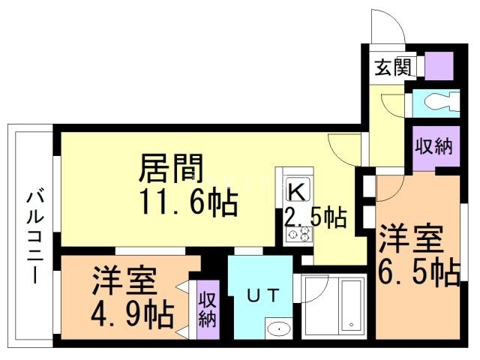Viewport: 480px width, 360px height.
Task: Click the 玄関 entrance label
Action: pos(392,68)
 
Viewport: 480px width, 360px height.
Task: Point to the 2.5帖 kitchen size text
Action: pos(315,217)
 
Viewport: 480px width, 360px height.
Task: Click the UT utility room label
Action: pos(259,296)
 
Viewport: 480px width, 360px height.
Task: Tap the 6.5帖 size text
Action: pos(420,274)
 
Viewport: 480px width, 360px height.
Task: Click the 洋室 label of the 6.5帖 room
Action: pos(409,241)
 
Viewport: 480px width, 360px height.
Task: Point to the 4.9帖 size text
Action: pos(131,310)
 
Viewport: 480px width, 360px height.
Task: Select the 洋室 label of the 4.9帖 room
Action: pos(124,281)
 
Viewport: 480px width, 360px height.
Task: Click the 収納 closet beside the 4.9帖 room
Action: pos(207,309)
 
